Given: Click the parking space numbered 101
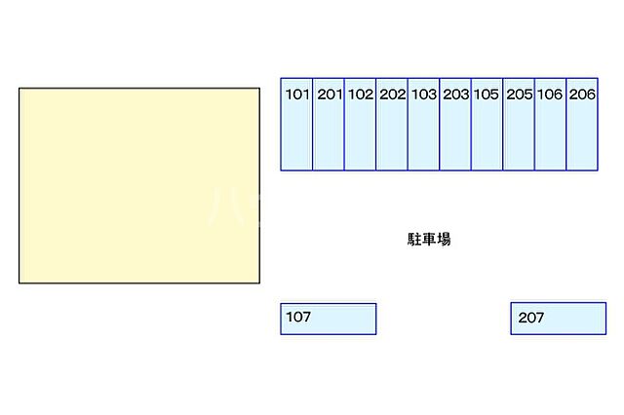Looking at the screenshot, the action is pos(296,125).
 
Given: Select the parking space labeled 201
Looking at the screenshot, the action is pos(329,125).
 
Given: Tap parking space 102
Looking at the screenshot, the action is pos(360,125).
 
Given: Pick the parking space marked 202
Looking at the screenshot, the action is pos(392,125).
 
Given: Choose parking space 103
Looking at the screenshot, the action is pos(423,125).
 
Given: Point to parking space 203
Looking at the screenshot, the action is pos(455,125).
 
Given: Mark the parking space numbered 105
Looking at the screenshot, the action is pos(487,125).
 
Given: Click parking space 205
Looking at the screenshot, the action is pos(519,125).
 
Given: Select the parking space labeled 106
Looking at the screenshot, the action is pos(550,125).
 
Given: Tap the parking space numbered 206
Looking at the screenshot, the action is pos(582,125).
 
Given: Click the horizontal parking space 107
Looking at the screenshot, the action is pos(329,319).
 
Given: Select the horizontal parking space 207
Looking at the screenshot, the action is pos(559,319).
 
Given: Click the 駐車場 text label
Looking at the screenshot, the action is pos(429,240).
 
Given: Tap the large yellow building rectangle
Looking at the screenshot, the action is pos(139,186).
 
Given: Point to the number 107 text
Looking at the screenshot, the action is pos(298,317).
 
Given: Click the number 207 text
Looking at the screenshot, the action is pos(530,318).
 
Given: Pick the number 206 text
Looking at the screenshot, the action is pos(582,94).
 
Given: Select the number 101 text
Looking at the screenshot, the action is pos(297,94).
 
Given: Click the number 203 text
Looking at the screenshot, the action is pos(456,94).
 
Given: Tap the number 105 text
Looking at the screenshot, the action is pos(486,94).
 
